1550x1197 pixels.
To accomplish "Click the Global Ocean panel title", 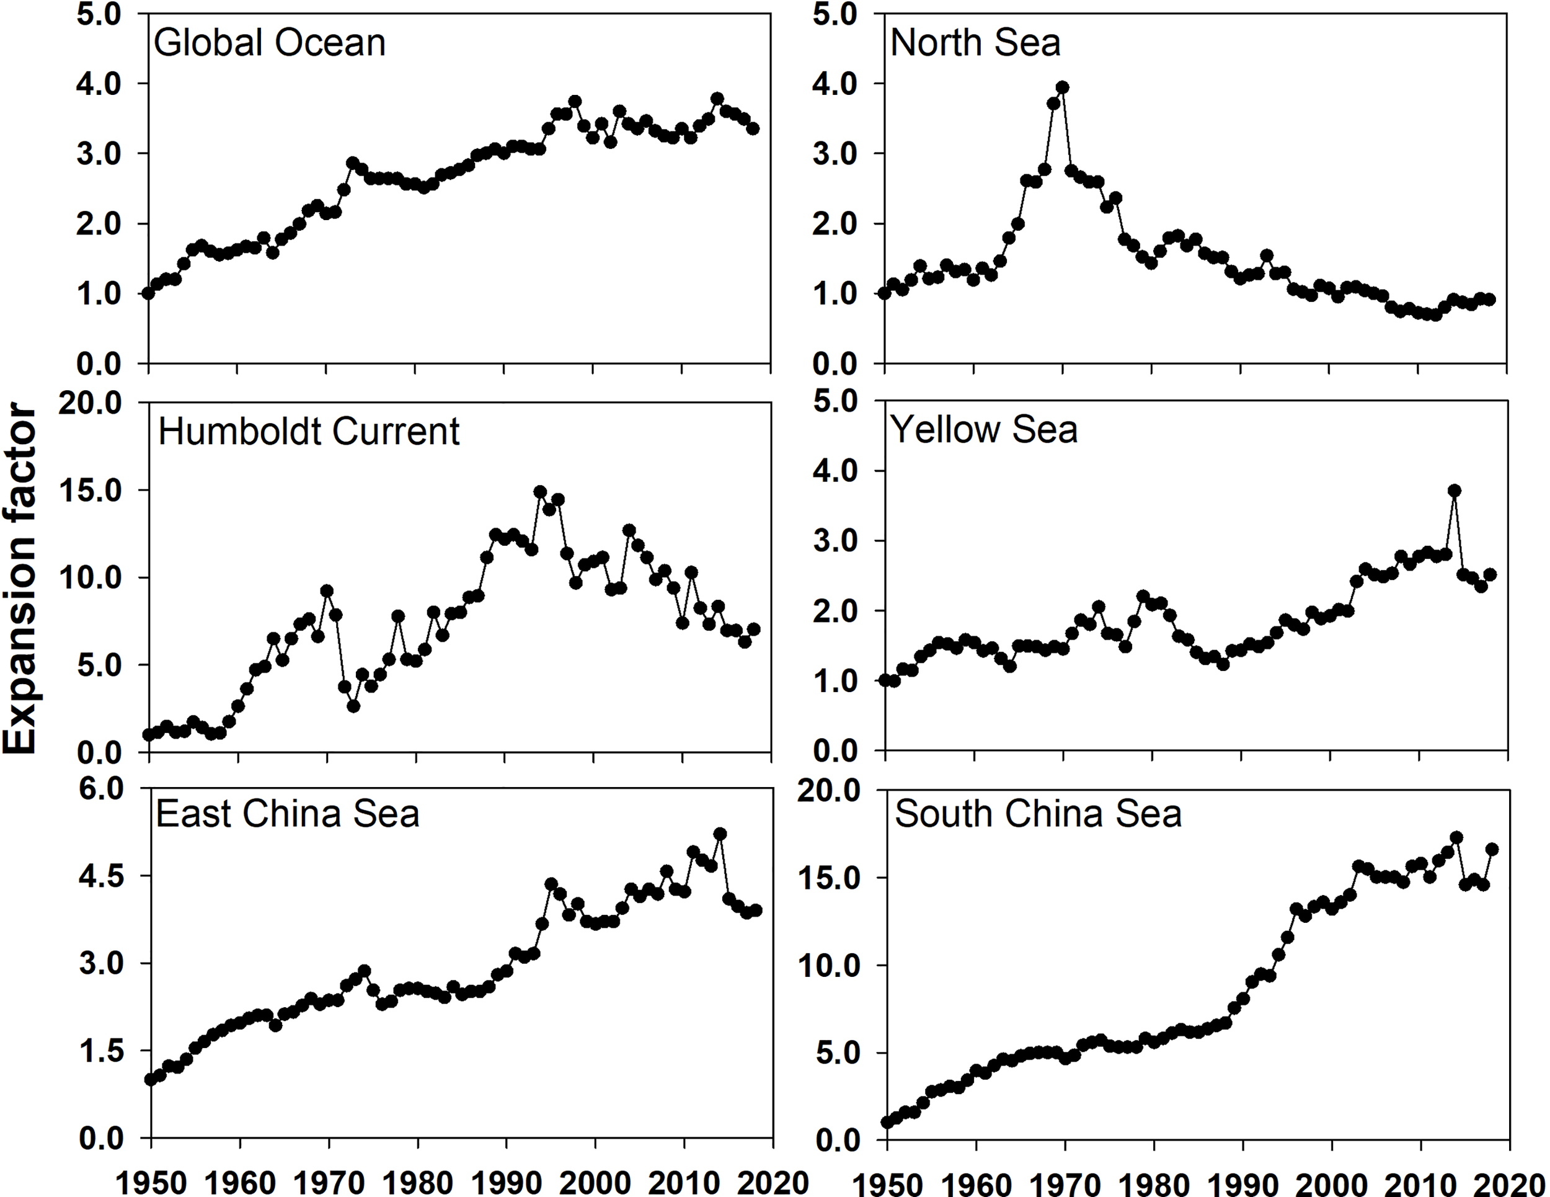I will [270, 43].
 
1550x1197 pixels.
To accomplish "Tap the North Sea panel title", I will [975, 43].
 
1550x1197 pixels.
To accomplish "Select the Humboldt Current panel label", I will [309, 432].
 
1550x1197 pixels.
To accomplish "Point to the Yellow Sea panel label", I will [984, 430].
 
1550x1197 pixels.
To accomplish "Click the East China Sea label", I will [288, 814].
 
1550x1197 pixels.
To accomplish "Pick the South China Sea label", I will [1038, 814].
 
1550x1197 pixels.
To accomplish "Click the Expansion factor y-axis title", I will [20, 579].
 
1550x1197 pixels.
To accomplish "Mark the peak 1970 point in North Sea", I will [1063, 87].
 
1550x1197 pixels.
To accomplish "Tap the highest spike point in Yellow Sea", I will [1454, 491].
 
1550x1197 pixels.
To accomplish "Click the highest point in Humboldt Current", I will [540, 491].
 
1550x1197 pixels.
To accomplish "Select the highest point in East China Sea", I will [720, 834].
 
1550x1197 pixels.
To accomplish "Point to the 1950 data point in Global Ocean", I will [148, 293].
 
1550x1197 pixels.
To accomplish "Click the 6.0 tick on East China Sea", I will [101, 789].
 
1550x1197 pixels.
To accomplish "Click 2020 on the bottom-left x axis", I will [772, 1183].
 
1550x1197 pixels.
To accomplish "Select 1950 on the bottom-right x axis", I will [887, 1183].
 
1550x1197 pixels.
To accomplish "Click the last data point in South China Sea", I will [1492, 849].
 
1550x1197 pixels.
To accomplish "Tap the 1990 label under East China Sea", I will [506, 1183].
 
